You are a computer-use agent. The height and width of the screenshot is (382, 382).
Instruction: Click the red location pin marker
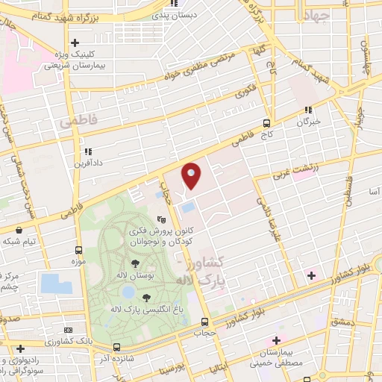tap(191, 175)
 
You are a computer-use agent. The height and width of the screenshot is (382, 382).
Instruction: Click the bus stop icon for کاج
tap(266, 124)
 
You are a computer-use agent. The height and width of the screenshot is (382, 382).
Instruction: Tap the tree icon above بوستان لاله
tap(134, 263)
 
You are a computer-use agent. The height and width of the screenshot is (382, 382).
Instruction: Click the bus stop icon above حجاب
tap(204, 322)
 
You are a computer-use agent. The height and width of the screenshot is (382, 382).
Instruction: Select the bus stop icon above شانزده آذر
tap(116, 347)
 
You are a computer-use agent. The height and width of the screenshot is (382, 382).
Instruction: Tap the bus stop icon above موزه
tap(79, 250)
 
